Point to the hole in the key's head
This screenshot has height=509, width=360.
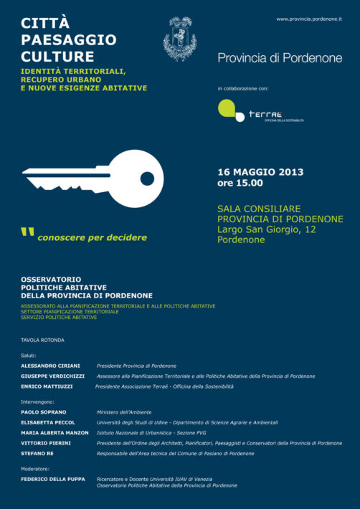(147, 179)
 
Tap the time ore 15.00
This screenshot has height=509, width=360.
(245, 183)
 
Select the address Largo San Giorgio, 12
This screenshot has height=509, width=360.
(266, 229)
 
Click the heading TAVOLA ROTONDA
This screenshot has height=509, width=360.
(42, 340)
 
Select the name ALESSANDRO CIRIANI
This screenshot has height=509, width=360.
(50, 366)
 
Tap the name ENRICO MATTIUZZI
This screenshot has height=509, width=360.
(48, 386)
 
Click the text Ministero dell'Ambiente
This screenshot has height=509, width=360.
(128, 412)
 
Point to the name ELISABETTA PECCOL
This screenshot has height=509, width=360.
(49, 423)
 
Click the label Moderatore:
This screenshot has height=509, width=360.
(35, 469)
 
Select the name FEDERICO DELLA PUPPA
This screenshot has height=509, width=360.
(52, 479)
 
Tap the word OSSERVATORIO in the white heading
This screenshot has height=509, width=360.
(51, 279)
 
